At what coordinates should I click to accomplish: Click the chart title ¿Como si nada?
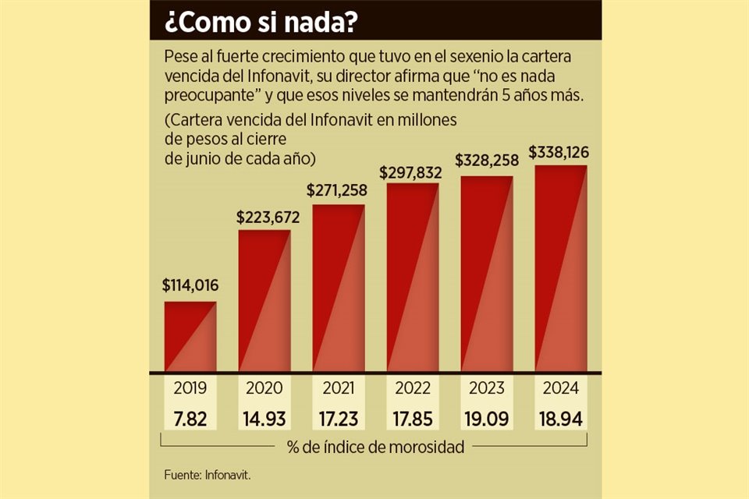coord(261,22)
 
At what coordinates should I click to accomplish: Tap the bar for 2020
coord(264,301)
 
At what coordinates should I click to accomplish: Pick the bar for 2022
coord(413,278)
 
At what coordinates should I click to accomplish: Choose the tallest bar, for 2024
coord(561,268)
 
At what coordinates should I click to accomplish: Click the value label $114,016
coord(190,285)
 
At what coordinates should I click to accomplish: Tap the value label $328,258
coord(487,160)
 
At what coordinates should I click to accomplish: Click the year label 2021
coord(339,388)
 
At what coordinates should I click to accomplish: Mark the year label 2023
coord(487,388)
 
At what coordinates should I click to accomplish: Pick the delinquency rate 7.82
coord(190,419)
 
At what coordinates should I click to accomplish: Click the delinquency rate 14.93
coord(264,419)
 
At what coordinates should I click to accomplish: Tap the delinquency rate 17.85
coord(413,419)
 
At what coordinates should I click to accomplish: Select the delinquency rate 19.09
coord(487,419)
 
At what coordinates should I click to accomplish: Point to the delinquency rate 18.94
coord(561,419)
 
